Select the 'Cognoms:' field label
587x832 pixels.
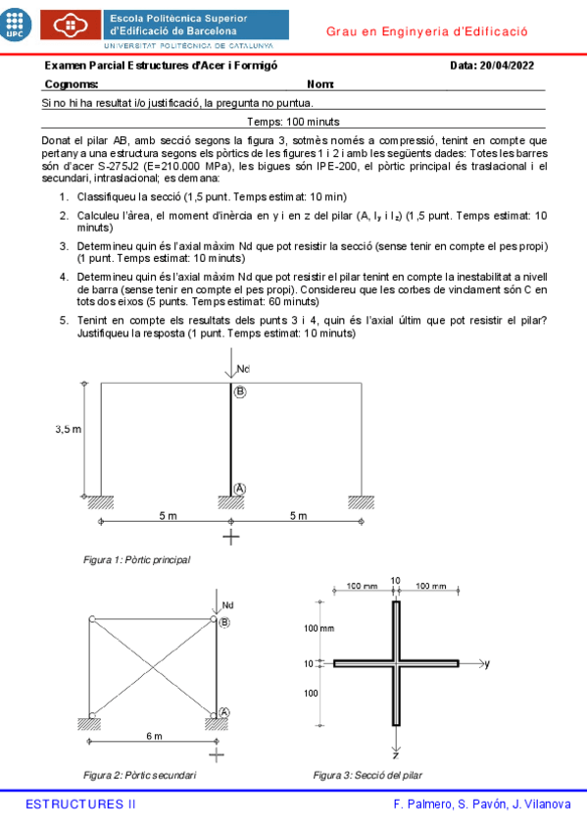[x=72, y=84]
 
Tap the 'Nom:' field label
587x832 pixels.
[x=320, y=84]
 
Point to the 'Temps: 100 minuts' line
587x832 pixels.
[x=294, y=122]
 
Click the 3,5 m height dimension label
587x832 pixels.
[x=68, y=429]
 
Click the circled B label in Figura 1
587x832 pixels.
[x=240, y=391]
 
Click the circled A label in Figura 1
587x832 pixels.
[x=240, y=488]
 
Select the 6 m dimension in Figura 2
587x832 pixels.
[x=155, y=736]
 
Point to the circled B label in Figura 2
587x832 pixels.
[x=224, y=622]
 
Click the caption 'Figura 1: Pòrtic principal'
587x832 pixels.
[x=137, y=560]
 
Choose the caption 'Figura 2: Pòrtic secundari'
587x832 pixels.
[x=139, y=775]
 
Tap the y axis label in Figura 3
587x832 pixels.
[x=487, y=664]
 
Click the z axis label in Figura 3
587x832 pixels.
[x=396, y=757]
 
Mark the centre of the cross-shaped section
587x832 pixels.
[x=396, y=664]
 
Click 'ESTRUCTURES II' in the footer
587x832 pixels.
[x=80, y=805]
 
